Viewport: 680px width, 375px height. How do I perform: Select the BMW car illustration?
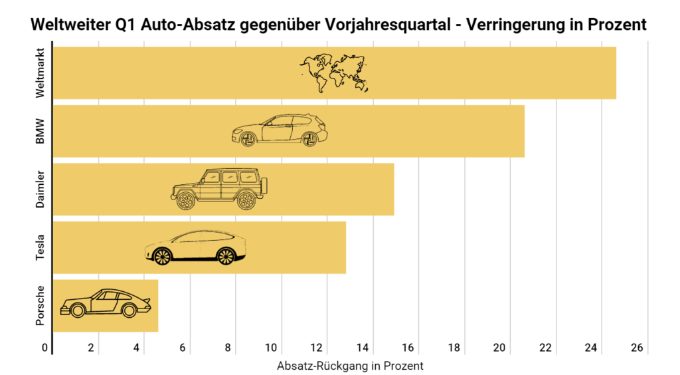(x=280, y=130)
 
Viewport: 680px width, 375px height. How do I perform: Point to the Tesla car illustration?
(x=195, y=247)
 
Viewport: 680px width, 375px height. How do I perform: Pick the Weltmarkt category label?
(x=41, y=73)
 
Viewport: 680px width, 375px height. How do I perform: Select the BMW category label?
(x=41, y=131)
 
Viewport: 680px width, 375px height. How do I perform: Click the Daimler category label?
(x=41, y=189)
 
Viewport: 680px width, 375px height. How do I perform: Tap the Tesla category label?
(x=41, y=247)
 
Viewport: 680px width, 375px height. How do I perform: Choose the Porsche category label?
(x=41, y=305)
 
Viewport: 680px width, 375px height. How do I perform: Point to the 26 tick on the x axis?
(x=637, y=348)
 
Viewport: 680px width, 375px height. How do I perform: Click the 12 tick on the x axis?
(x=317, y=348)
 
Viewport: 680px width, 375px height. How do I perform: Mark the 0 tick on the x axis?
(x=45, y=348)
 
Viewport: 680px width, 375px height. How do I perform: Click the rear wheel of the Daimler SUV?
(x=246, y=201)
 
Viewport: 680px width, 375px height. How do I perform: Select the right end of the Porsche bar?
(x=157, y=305)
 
